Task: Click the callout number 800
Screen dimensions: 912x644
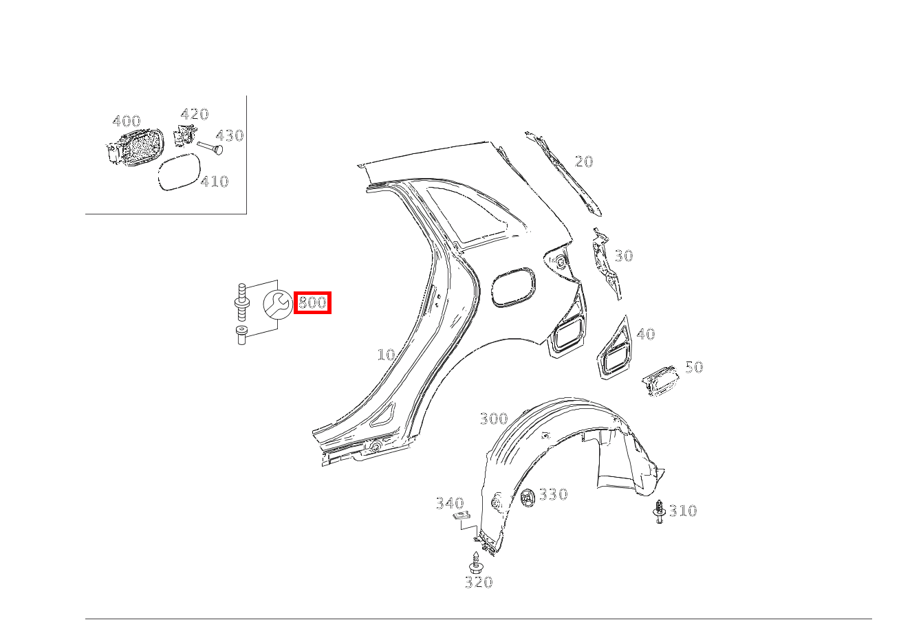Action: click(312, 302)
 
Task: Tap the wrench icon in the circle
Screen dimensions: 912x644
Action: click(277, 304)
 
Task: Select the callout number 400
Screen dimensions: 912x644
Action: click(127, 121)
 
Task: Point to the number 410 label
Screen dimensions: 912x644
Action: click(215, 181)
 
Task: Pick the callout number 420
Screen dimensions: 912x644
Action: click(195, 114)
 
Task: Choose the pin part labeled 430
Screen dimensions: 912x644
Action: click(210, 148)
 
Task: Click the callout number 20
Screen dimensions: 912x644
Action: click(584, 162)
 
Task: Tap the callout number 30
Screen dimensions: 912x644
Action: click(623, 256)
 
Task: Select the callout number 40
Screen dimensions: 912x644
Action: click(646, 334)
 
